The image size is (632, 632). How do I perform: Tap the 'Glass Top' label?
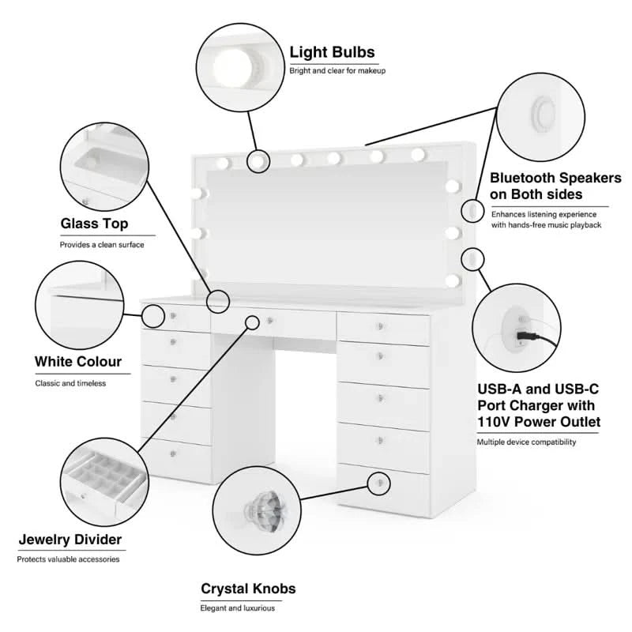pyautogui.click(x=94, y=224)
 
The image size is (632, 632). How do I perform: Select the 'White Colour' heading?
pyautogui.click(x=78, y=362)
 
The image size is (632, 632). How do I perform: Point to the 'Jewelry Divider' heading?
pyautogui.click(x=70, y=540)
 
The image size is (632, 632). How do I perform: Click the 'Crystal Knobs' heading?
pyautogui.click(x=248, y=589)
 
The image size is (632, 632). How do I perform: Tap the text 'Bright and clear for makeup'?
pyautogui.click(x=337, y=72)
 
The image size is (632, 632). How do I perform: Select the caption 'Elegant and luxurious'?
pyautogui.click(x=237, y=608)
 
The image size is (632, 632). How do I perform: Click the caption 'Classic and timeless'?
pyautogui.click(x=70, y=383)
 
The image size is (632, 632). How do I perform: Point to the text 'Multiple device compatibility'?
pyautogui.click(x=526, y=442)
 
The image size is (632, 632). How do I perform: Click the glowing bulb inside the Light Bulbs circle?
pyautogui.click(x=233, y=63)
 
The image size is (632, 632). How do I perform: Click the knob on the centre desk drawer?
pyautogui.click(x=270, y=320)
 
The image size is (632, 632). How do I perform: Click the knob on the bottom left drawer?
pyautogui.click(x=173, y=453)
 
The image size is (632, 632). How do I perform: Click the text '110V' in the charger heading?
pyautogui.click(x=497, y=422)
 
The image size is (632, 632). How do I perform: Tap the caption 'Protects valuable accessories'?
pyautogui.click(x=69, y=559)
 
